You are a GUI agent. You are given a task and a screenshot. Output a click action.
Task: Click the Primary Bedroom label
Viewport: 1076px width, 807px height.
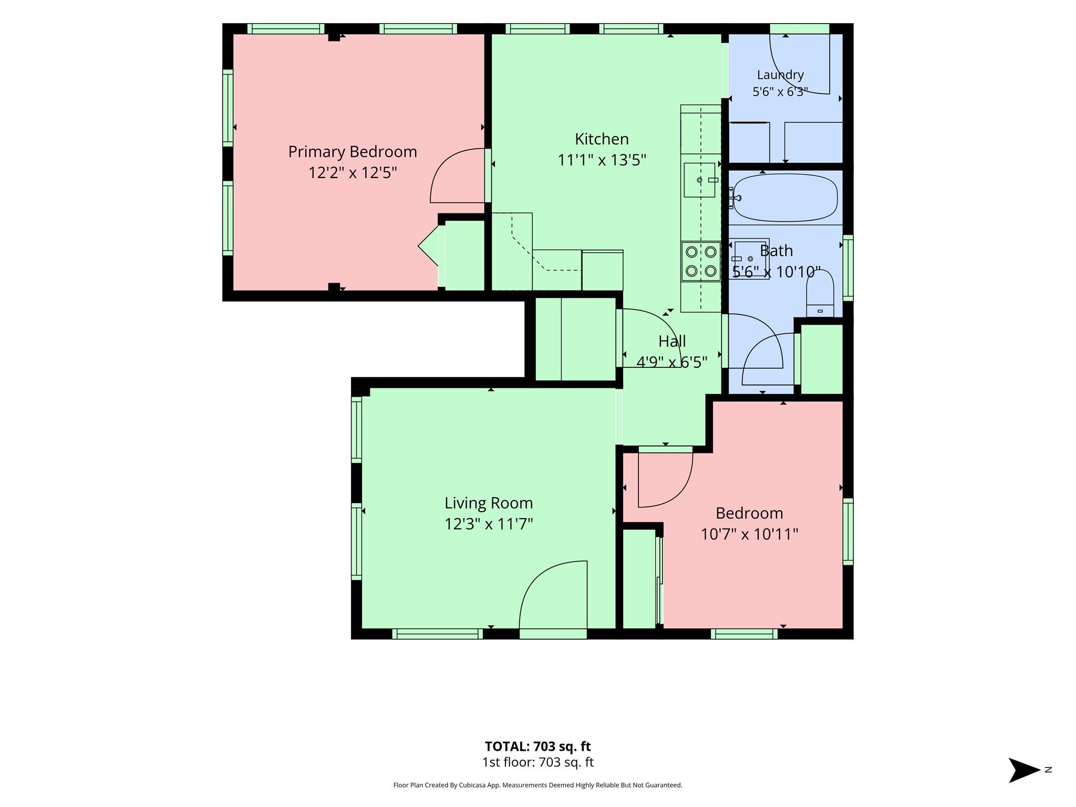tap(353, 152)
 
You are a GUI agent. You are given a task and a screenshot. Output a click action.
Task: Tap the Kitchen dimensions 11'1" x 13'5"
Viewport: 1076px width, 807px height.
tap(602, 160)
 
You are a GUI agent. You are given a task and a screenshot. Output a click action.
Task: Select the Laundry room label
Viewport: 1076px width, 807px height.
tap(780, 75)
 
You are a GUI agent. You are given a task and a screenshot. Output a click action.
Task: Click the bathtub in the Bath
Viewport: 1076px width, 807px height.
tap(785, 198)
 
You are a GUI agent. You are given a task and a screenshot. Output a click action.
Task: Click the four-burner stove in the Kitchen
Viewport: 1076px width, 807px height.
tap(701, 261)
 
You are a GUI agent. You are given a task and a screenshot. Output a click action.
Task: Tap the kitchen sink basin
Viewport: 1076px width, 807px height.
tap(699, 180)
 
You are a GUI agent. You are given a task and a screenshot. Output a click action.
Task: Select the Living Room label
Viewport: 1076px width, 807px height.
tap(489, 503)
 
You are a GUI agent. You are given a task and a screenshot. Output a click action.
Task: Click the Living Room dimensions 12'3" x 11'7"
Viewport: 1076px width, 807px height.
tap(489, 524)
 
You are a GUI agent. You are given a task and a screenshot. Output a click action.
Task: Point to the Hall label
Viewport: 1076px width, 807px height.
tap(672, 342)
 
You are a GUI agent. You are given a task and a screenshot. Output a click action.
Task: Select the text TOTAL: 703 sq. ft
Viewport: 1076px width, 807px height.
tap(537, 746)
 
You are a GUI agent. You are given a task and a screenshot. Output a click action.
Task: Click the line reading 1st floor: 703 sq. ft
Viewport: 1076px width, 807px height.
tap(537, 762)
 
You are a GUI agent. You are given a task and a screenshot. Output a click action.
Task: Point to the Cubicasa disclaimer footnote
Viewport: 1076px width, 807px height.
tap(537, 785)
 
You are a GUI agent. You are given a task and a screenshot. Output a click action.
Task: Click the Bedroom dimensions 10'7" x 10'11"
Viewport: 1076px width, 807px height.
tap(749, 534)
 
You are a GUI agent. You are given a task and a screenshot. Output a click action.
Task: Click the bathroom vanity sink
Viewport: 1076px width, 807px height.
tap(752, 258)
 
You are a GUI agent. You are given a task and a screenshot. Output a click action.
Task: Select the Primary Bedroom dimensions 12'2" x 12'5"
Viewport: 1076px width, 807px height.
tap(353, 173)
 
